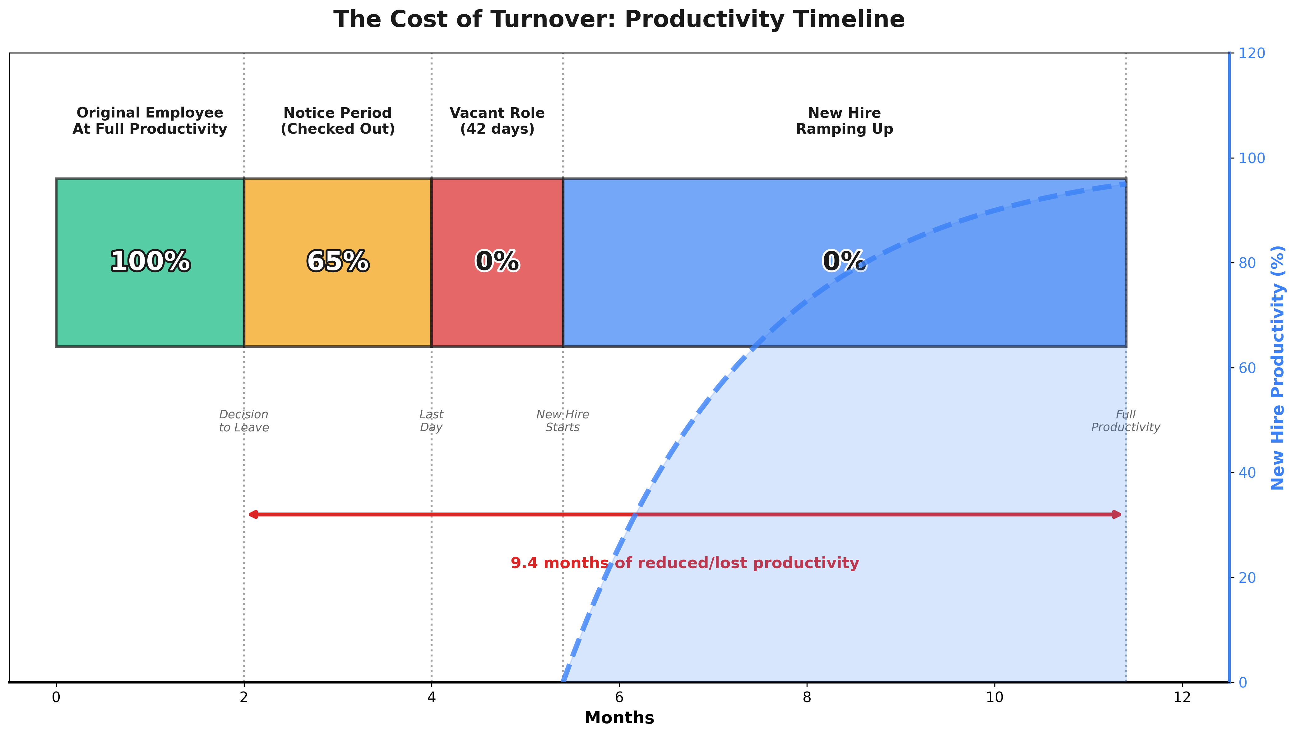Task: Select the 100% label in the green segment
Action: pos(150,262)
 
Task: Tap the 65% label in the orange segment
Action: pos(338,262)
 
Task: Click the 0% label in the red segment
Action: pos(497,262)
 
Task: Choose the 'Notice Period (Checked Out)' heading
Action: pos(338,121)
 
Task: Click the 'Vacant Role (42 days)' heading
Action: pos(497,121)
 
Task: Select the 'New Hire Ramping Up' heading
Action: pos(845,121)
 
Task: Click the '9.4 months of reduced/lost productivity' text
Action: pos(685,563)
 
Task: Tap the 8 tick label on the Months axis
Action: pos(807,697)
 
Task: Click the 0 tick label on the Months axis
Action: pos(56,697)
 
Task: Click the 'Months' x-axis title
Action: pos(619,718)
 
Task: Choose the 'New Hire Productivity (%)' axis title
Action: pos(1278,367)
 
